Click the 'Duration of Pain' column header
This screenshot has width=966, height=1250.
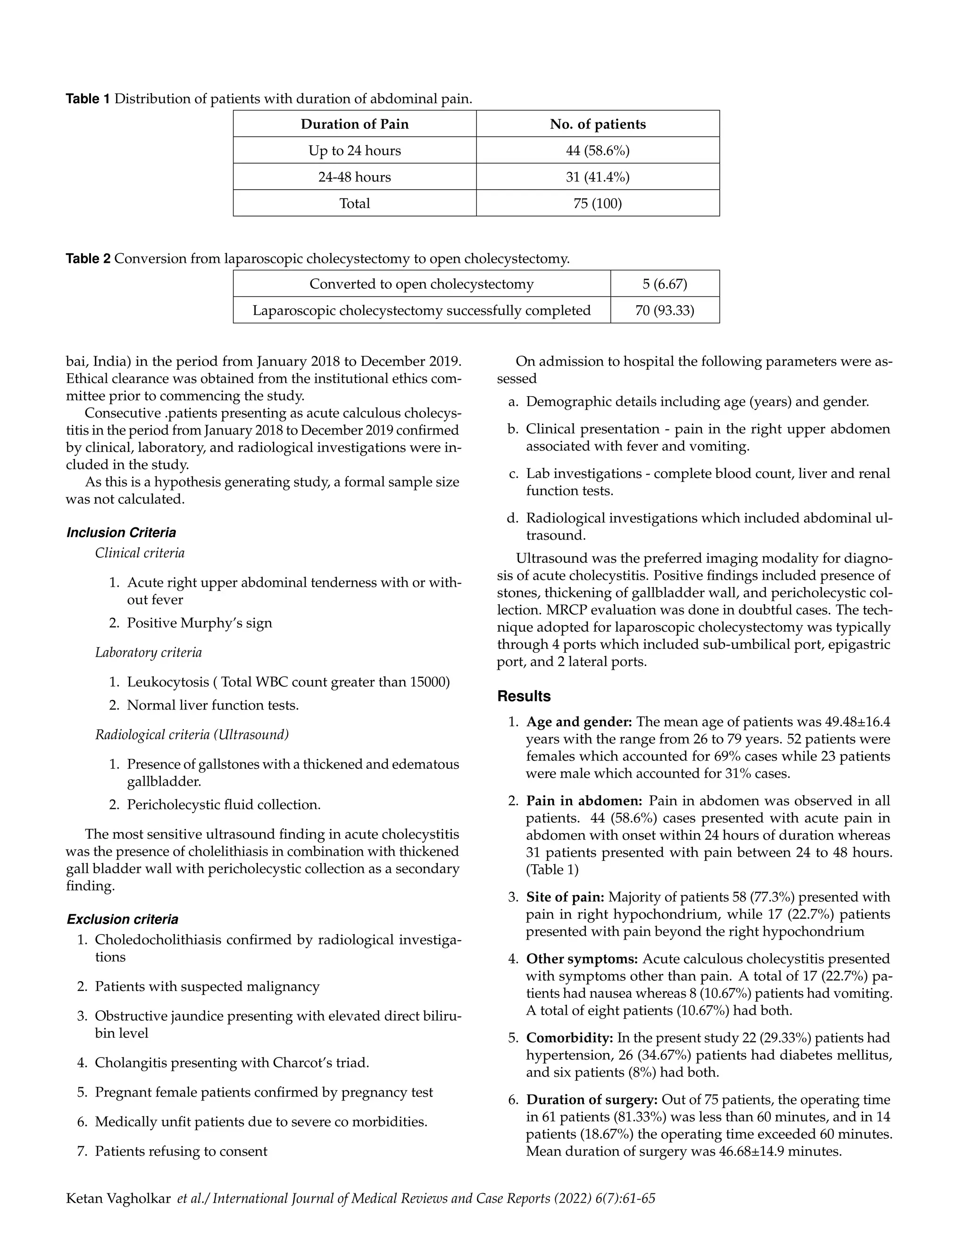coord(354,124)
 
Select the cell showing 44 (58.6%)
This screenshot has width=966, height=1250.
coord(598,150)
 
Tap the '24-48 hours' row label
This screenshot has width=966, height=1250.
coord(354,177)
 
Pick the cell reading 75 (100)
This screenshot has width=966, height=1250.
coord(598,203)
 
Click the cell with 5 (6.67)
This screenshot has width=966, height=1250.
coord(665,284)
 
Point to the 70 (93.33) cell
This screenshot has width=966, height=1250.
coord(665,310)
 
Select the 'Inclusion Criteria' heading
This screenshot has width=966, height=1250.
coord(121,533)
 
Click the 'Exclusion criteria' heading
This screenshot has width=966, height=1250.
coord(123,920)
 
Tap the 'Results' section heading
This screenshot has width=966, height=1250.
coord(524,697)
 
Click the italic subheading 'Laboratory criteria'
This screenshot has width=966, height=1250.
coord(148,652)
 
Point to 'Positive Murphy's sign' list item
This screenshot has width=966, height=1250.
coord(199,623)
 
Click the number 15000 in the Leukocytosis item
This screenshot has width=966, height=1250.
coord(429,682)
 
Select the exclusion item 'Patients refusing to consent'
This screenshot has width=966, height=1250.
coord(181,1151)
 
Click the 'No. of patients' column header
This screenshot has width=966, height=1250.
coord(598,124)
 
